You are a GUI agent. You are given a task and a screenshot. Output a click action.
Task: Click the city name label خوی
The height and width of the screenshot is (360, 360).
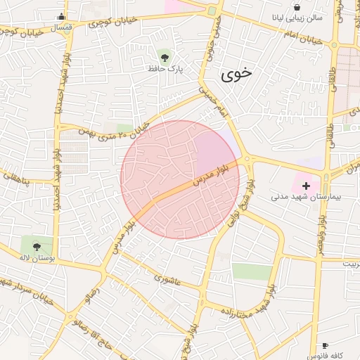pyautogui.click(x=236, y=75)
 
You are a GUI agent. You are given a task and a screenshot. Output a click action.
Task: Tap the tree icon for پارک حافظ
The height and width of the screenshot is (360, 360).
pyautogui.click(x=165, y=56)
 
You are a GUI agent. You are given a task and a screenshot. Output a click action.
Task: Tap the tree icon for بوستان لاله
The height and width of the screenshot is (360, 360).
pyautogui.click(x=35, y=246)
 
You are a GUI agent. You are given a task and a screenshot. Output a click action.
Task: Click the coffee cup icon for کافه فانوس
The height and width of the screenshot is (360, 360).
pyautogui.click(x=325, y=345)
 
